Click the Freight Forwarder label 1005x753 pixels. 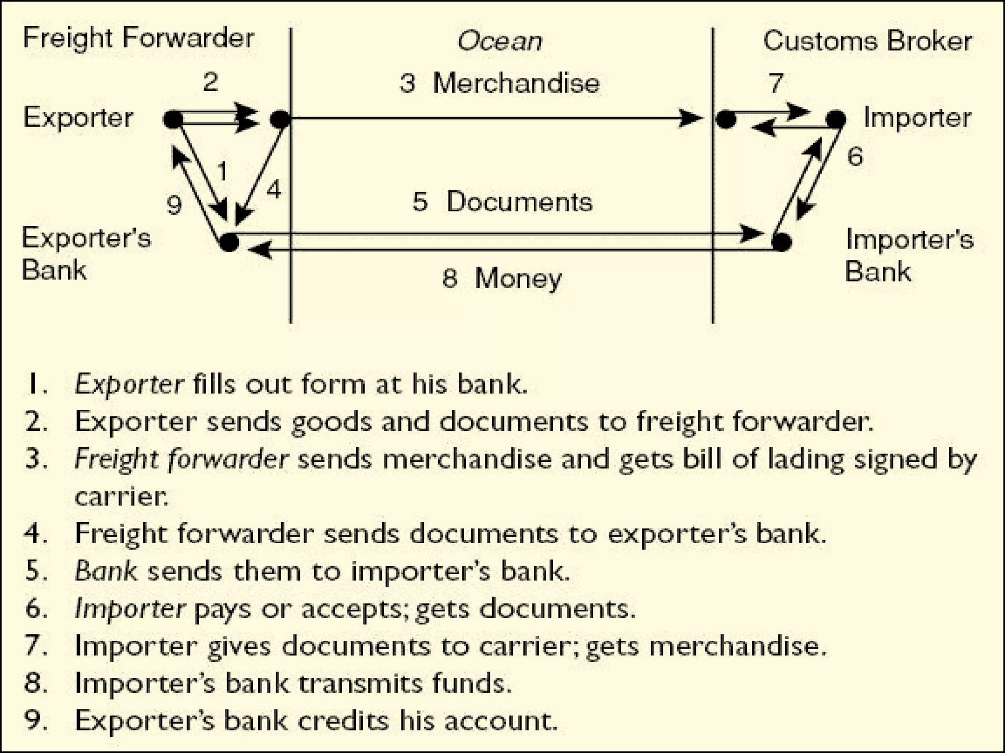[138, 38]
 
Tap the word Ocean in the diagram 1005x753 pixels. [500, 41]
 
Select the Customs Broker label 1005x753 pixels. [867, 41]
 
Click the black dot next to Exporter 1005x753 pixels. [173, 119]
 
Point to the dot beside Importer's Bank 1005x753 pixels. [782, 242]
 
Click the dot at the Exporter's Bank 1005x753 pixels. [229, 242]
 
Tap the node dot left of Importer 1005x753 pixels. [835, 119]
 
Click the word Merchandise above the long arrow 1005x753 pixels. [516, 83]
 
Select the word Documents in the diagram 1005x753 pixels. [519, 202]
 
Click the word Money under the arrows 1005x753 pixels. [518, 278]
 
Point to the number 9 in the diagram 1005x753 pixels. [174, 205]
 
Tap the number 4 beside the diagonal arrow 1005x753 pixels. [274, 189]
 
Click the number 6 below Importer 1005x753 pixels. [855, 156]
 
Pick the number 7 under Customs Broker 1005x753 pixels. [775, 82]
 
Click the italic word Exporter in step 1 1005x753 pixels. [129, 384]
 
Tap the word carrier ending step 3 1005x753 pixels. [121, 497]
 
